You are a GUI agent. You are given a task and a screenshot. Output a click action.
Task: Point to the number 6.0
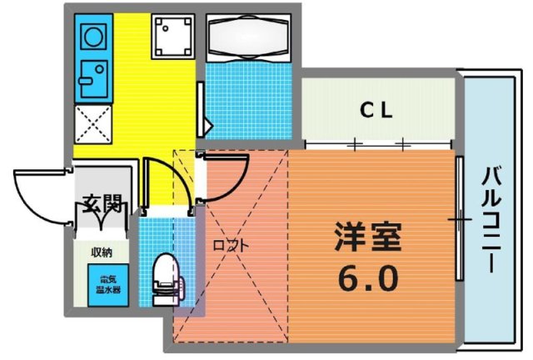(368, 277)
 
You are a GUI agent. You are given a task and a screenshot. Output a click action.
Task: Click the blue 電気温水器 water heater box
(109, 283)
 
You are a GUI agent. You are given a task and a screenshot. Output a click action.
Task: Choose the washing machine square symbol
(172, 36)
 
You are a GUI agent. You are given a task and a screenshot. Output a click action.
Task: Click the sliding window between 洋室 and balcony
(458, 218)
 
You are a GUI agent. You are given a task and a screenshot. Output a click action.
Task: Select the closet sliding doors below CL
(379, 146)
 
